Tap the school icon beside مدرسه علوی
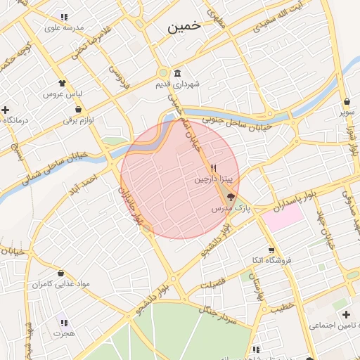pos(64,17)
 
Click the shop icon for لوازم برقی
pos(77,110)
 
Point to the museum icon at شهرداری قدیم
pos(176,74)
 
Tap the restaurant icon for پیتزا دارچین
pos(213,169)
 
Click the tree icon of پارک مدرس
pos(231,198)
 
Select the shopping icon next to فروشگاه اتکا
pos(271,250)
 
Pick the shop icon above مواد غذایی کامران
pos(60,274)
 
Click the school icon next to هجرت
pos(64,323)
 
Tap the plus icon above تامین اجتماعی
pos(344,313)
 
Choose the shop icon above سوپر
pos(347,101)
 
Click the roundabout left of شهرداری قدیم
pos(163,72)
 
